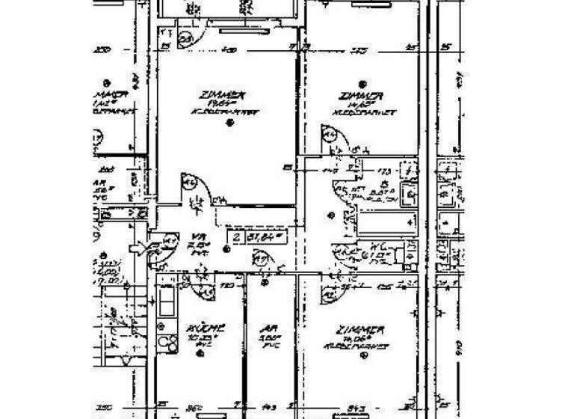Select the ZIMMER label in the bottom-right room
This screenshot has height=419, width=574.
click(361, 330)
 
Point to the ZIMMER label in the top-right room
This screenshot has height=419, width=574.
click(362, 97)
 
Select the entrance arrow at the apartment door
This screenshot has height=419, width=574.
click(140, 247)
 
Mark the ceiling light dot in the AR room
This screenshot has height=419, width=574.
click(265, 284)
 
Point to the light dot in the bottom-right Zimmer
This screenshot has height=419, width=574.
click(364, 357)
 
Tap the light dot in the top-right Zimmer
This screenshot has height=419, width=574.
click(362, 84)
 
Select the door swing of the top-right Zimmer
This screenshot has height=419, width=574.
click(331, 138)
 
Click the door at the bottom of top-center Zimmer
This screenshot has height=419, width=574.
click(191, 185)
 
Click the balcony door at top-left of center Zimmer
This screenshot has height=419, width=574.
click(185, 39)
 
